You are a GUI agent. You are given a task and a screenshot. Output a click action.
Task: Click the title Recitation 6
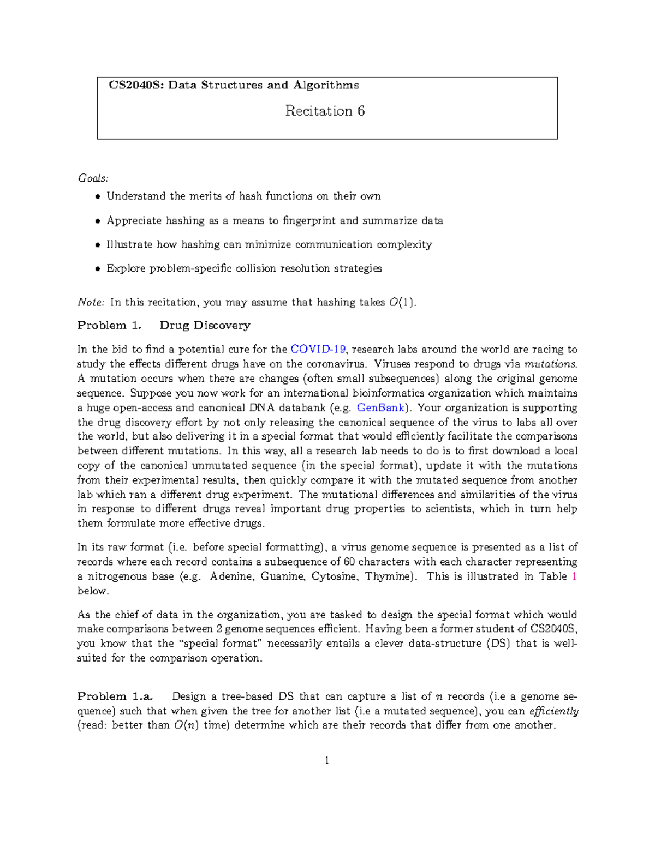coord(325,111)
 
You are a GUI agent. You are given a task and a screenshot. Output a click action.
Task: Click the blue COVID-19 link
coord(318,350)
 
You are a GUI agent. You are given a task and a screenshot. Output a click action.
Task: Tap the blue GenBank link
coord(380,408)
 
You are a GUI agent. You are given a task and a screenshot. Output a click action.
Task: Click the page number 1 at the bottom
coord(326,760)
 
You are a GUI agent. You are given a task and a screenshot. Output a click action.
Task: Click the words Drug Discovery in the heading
coord(205,326)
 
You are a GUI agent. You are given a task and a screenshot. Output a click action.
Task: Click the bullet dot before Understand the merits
coord(98,197)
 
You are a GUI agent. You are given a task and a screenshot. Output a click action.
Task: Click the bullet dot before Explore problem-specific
coord(98,269)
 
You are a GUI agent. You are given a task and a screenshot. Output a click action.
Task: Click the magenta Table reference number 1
coord(574,576)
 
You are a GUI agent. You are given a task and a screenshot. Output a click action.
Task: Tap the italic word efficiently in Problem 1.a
coord(553,711)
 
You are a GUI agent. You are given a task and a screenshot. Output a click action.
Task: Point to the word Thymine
coord(389,576)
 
